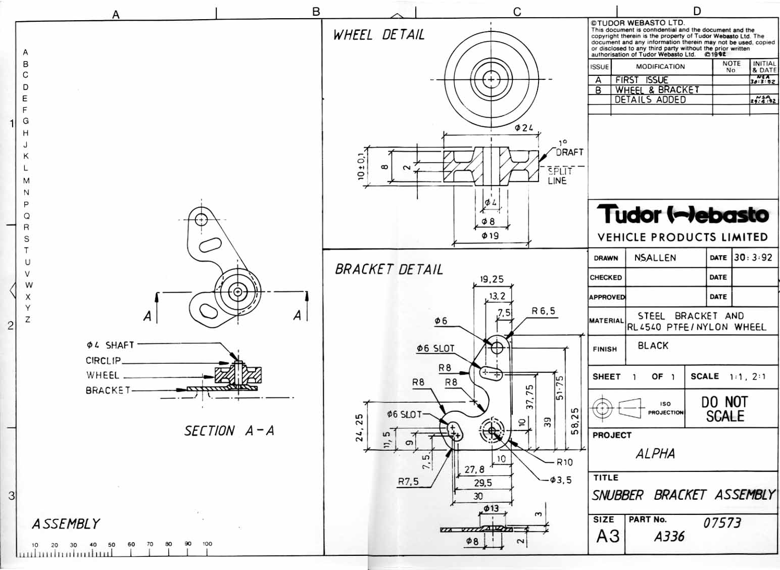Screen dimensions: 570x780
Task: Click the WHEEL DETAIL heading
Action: tap(378, 35)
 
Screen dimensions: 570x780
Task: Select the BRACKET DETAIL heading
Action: tap(388, 269)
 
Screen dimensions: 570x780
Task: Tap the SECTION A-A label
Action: tap(229, 431)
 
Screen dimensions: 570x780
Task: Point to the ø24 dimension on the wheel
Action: tap(524, 128)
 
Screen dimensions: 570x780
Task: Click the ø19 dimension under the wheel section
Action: tap(490, 235)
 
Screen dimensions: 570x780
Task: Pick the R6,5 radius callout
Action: tap(543, 311)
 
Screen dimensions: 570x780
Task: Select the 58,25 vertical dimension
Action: tap(575, 424)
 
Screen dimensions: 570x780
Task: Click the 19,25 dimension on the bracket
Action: tap(492, 279)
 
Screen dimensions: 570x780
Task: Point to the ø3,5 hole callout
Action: tap(561, 480)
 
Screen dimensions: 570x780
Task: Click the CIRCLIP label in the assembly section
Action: tap(103, 360)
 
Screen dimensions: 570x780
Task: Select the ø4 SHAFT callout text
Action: tap(110, 345)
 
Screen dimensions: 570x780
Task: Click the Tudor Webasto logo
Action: tap(682, 214)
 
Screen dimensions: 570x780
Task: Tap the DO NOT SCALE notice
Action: tap(725, 409)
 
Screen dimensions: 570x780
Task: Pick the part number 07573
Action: tap(722, 522)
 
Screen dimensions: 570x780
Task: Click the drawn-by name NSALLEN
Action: tap(655, 258)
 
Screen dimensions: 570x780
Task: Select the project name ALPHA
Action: tap(655, 453)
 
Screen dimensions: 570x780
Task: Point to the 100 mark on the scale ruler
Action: tap(207, 544)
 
